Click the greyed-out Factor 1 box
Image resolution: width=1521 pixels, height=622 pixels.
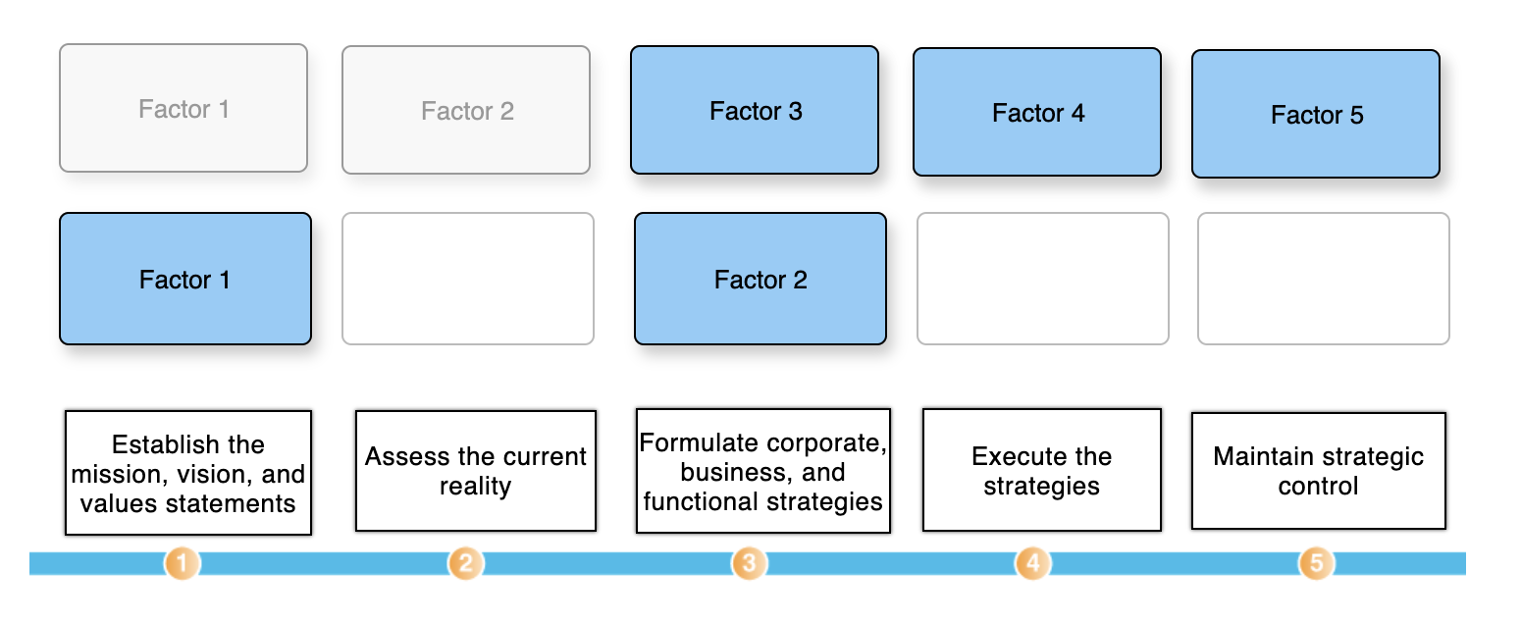184,108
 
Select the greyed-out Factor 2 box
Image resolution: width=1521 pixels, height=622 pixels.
466,110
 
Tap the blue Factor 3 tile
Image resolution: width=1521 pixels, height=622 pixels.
755,110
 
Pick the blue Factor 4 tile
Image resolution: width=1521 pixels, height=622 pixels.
1037,112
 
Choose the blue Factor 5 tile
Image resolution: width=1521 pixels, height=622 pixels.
1316,114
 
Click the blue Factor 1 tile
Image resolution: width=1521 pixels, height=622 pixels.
185,279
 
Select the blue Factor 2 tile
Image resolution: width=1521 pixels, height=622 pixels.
760,279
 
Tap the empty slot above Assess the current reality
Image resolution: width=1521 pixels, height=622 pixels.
468,279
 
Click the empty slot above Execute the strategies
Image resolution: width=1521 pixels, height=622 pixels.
1043,279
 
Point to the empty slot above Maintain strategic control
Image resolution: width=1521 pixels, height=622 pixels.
1324,279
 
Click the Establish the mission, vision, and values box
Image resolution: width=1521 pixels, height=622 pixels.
188,473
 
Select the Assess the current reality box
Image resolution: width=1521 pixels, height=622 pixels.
476,471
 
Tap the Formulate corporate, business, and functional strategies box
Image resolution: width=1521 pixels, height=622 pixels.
763,471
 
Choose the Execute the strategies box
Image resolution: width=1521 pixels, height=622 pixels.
1042,470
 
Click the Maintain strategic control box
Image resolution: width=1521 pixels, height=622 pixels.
1319,470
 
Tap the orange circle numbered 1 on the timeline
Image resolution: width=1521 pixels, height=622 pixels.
182,563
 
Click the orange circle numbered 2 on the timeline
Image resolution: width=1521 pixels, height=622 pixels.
465,563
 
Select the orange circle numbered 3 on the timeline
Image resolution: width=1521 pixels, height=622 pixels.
749,563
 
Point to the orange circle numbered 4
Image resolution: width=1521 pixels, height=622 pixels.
1032,563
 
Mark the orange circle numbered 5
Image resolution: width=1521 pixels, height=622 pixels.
1316,563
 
